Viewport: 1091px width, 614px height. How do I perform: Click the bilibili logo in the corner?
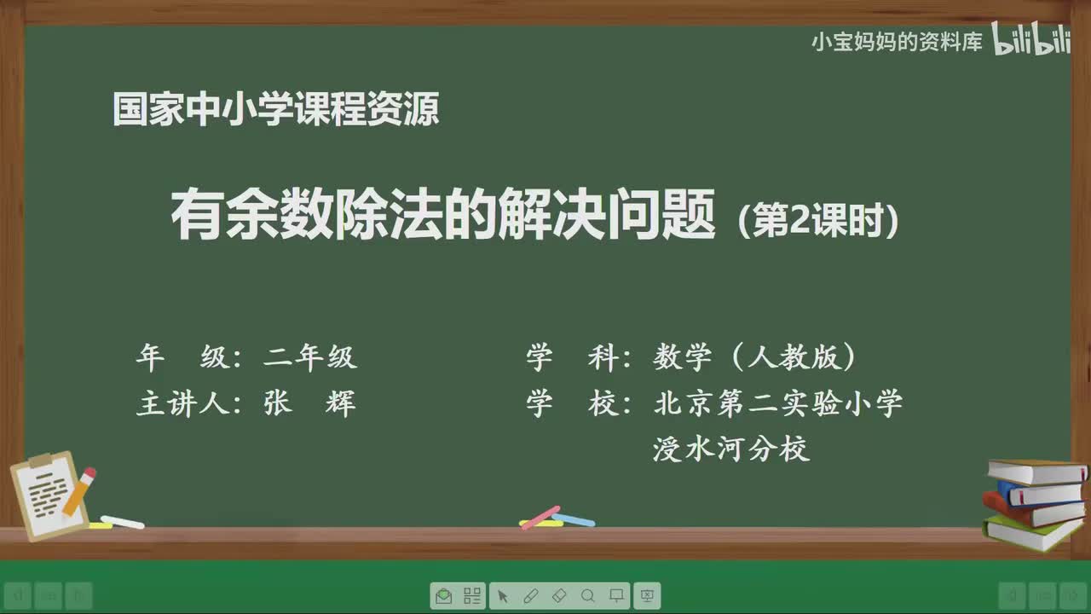(x=1031, y=41)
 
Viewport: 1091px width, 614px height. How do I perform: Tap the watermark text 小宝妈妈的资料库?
(x=897, y=42)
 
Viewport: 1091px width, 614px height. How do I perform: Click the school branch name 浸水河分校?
(x=731, y=449)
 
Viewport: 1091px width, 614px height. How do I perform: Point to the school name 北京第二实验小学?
(x=778, y=403)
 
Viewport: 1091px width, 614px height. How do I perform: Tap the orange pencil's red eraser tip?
(x=89, y=473)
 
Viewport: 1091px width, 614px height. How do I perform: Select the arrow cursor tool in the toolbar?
(x=502, y=595)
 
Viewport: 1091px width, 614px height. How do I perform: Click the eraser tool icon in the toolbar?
(x=559, y=595)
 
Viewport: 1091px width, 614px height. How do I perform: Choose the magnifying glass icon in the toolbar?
(x=587, y=595)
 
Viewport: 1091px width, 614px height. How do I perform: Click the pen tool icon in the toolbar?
(x=530, y=595)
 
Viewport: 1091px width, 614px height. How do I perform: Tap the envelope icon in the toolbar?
(x=443, y=595)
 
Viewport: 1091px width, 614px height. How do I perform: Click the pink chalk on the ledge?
(x=540, y=517)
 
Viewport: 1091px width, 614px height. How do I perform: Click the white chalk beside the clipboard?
(x=123, y=521)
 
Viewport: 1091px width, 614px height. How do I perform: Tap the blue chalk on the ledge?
(x=574, y=519)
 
